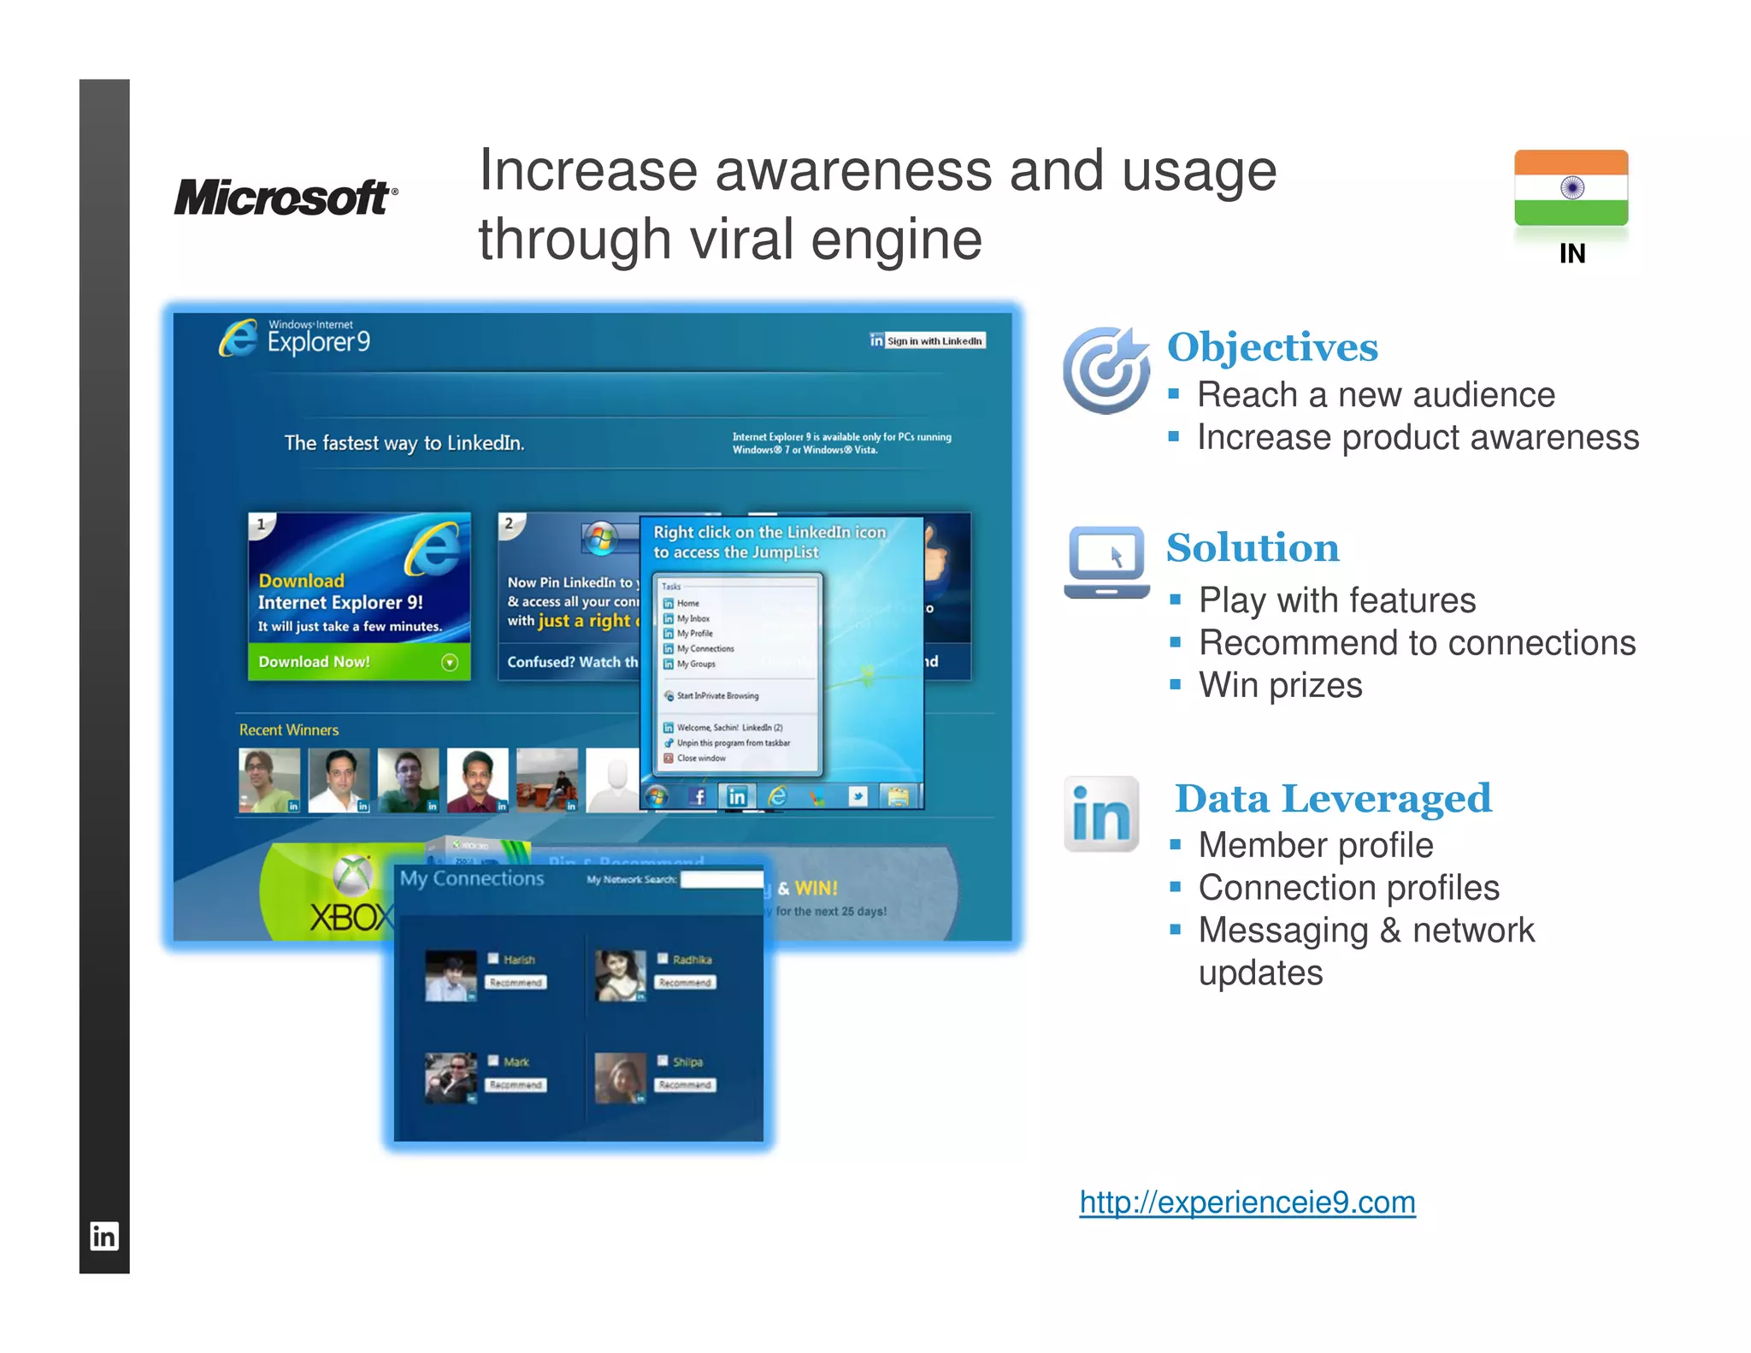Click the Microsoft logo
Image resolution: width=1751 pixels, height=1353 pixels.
click(x=286, y=198)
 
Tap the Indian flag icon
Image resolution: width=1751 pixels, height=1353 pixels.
click(x=1571, y=188)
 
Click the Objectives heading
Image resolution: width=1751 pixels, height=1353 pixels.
click(x=1272, y=347)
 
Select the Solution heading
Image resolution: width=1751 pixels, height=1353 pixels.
click(x=1253, y=548)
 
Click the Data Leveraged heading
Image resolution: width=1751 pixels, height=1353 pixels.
click(x=1333, y=799)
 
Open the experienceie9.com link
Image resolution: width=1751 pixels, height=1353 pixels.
click(x=1247, y=1202)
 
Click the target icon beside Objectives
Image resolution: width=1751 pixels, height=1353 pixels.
click(x=1105, y=369)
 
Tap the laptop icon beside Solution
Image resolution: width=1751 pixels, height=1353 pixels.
click(x=1106, y=562)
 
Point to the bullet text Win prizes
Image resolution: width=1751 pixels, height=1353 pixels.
click(x=1280, y=685)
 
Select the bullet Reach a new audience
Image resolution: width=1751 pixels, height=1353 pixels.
click(x=1376, y=395)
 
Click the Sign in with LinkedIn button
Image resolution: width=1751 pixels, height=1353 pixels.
click(x=929, y=340)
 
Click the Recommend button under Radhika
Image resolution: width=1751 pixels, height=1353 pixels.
click(x=685, y=983)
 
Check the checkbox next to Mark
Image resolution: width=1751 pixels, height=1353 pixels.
click(x=493, y=1061)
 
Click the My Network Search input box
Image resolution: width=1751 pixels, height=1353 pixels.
click(x=721, y=879)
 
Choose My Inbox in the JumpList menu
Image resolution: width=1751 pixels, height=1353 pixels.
click(x=693, y=618)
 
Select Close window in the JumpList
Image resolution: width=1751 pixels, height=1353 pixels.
click(x=700, y=759)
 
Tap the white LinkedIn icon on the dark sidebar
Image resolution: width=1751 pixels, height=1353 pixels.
click(x=104, y=1236)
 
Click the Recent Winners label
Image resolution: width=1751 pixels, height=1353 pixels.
click(x=289, y=730)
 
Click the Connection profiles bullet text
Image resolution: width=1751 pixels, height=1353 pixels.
click(x=1348, y=888)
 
